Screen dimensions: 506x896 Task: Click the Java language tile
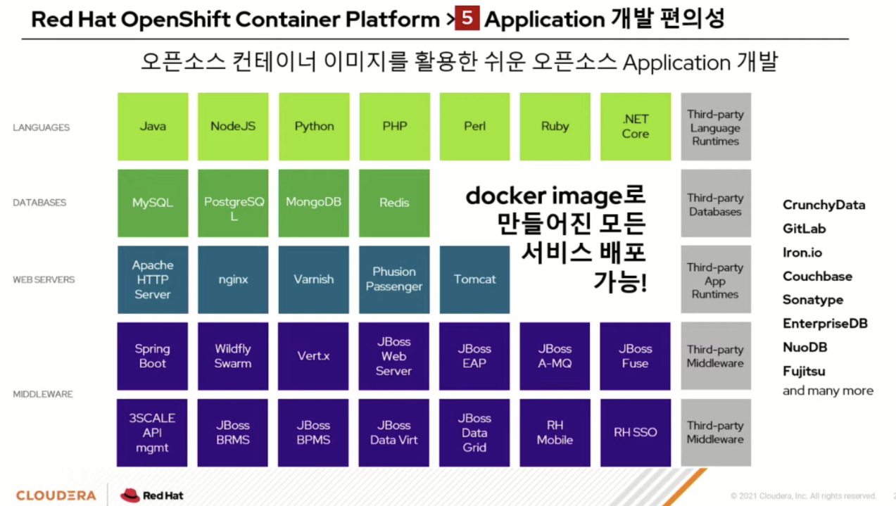[x=153, y=127]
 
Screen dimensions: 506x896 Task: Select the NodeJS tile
[x=233, y=127]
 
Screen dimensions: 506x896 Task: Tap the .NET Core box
[x=635, y=127]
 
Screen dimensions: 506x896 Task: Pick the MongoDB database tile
[x=313, y=203]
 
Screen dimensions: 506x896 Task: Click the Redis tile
[x=394, y=203]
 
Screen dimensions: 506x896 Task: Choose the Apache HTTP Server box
[x=153, y=279]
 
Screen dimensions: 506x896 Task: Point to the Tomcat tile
[x=474, y=279]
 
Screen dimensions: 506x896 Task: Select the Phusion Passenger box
[x=394, y=279]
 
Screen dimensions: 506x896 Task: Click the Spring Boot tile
[x=153, y=356]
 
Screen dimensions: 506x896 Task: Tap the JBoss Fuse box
[x=635, y=356]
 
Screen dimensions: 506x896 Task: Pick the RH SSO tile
[x=635, y=433]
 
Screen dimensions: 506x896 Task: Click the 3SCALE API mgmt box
[x=153, y=433]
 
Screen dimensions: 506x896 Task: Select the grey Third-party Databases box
[x=715, y=204]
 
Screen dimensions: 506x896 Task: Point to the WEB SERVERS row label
[x=44, y=279]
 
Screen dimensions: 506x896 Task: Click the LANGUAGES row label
[x=42, y=127]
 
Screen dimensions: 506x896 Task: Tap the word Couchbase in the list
[x=817, y=277]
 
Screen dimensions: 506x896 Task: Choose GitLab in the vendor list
[x=804, y=229]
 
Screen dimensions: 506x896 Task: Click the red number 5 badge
[x=467, y=18]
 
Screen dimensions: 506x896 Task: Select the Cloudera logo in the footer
[x=56, y=495]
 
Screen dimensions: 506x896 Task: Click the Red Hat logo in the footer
[x=152, y=495]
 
